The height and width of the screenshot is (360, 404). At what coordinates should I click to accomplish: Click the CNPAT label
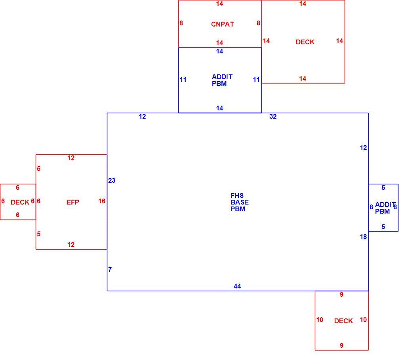[223, 24]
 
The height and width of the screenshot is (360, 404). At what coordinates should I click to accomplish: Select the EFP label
[72, 202]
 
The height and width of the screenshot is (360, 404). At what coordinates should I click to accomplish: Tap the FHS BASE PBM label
[240, 202]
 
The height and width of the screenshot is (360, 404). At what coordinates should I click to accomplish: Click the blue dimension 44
[237, 286]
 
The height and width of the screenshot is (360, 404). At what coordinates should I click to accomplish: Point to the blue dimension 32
[273, 117]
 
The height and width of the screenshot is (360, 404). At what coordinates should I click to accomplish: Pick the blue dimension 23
[112, 181]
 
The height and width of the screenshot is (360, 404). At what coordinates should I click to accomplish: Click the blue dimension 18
[363, 237]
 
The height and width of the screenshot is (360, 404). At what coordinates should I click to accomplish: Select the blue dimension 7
[110, 269]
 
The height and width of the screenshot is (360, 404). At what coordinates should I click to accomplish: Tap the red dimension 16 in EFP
[102, 201]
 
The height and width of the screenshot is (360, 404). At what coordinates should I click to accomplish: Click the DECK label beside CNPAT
[305, 42]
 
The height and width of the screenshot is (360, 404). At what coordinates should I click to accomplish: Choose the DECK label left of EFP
[20, 202]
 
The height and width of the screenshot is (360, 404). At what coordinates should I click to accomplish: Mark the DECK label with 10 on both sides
[343, 321]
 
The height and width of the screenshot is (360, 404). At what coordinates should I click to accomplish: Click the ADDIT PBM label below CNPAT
[222, 80]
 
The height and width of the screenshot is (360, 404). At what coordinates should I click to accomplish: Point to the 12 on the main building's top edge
[143, 117]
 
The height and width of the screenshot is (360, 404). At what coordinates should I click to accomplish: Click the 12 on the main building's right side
[363, 148]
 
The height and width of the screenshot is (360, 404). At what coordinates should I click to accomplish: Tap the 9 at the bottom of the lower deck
[342, 346]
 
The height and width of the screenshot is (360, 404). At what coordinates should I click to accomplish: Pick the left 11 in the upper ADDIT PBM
[183, 80]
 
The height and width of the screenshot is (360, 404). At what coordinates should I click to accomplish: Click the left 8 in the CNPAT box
[181, 23]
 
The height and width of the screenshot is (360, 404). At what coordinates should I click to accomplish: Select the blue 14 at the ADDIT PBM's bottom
[219, 108]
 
